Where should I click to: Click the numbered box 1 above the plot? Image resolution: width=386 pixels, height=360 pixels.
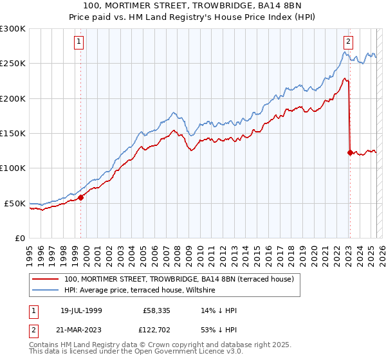pyautogui.click(x=78, y=42)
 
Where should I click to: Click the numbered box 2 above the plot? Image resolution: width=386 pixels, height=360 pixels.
pyautogui.click(x=348, y=42)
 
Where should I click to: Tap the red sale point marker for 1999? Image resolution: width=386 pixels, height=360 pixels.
pyautogui.click(x=81, y=197)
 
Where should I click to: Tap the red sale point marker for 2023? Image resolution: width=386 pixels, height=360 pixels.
pyautogui.click(x=350, y=152)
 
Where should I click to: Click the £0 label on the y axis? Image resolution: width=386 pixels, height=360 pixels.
pyautogui.click(x=19, y=238)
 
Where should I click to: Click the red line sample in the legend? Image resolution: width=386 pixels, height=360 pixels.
pyautogui.click(x=46, y=279)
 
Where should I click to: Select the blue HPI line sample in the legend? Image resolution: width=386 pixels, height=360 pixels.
pyautogui.click(x=46, y=291)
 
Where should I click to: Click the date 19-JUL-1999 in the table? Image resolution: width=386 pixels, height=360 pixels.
pyautogui.click(x=78, y=310)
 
